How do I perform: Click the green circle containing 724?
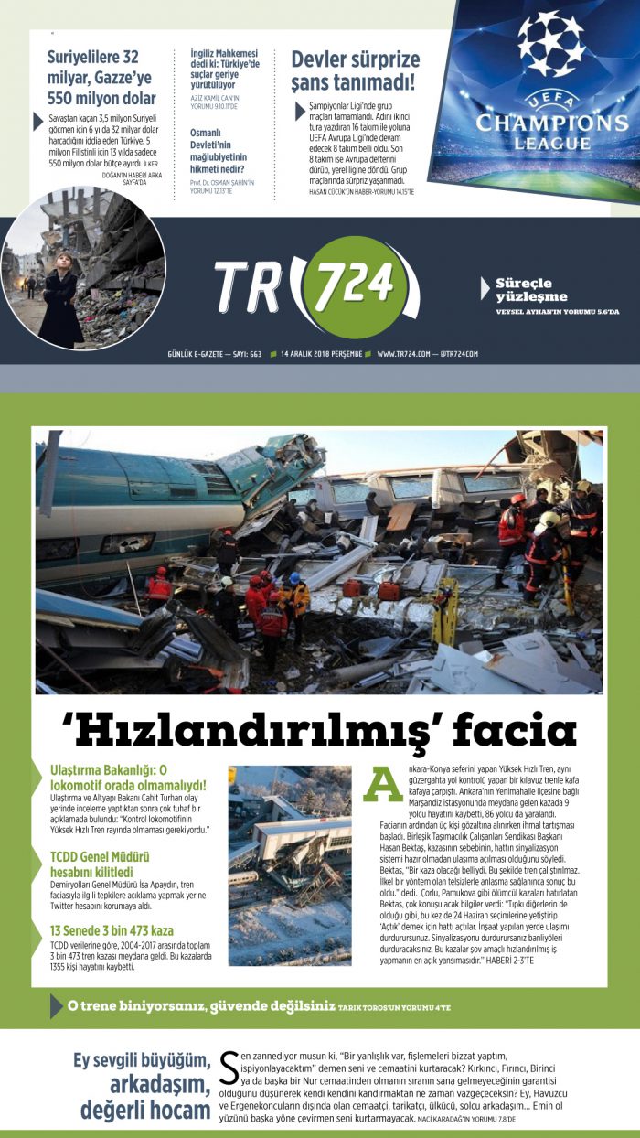pos(350,286)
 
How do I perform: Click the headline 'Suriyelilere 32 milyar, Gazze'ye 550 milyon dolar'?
pos(101,79)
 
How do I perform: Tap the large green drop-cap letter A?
pos(382,783)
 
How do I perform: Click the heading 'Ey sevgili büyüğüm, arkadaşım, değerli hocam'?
pos(143,1086)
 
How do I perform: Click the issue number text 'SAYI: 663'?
pos(244,353)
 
